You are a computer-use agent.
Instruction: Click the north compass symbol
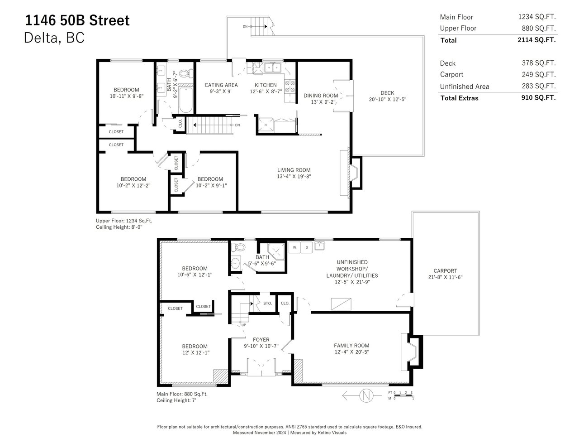[366, 395]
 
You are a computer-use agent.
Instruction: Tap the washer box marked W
[294, 247]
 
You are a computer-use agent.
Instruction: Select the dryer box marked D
[306, 247]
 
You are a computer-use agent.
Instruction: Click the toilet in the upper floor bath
[186, 73]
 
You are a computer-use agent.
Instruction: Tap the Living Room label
[294, 170]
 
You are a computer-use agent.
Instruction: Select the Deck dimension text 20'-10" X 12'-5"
[387, 99]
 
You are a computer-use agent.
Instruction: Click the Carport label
[445, 270]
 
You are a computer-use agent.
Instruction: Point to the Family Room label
[351, 345]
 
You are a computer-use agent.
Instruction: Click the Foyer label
[261, 339]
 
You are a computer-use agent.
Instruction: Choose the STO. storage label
[267, 303]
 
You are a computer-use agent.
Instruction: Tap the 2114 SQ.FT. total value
[536, 40]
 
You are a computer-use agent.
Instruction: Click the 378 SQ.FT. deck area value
[539, 63]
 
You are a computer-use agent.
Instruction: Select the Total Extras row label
[459, 98]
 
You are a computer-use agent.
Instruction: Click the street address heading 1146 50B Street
[77, 20]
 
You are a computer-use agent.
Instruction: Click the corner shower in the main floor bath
[276, 251]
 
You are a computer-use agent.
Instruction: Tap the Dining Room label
[321, 96]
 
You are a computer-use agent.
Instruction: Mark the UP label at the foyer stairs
[243, 325]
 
